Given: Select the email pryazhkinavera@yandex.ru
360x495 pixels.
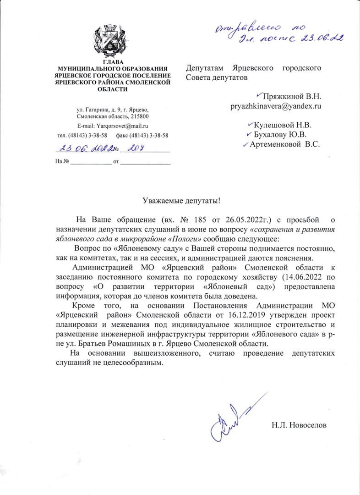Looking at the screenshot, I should [275, 106].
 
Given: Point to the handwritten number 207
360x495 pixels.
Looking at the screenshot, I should [134, 148].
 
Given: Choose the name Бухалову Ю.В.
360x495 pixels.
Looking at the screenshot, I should [280, 134].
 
